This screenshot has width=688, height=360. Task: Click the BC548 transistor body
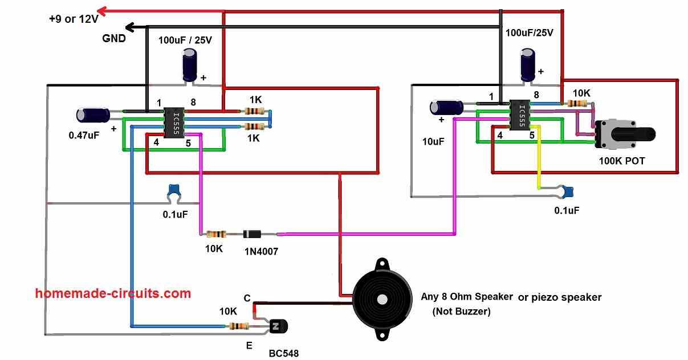tap(279, 326)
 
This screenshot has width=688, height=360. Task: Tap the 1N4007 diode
tap(252, 235)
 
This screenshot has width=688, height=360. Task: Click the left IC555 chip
tap(174, 123)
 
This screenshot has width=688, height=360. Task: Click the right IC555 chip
tap(520, 115)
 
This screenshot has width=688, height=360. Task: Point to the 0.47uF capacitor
tap(93, 115)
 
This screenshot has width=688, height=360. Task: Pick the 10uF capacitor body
tap(446, 108)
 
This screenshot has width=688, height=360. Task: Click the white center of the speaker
tap(382, 299)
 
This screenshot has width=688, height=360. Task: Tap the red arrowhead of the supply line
tap(102, 11)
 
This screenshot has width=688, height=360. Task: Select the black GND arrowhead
tap(130, 27)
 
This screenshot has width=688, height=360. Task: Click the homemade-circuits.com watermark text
tap(113, 293)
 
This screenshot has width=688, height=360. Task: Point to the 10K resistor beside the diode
tap(216, 235)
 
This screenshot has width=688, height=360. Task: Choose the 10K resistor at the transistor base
tap(239, 326)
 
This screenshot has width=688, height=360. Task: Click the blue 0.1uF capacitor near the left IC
tap(174, 193)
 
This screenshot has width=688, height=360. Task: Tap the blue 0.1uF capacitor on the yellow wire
tap(566, 192)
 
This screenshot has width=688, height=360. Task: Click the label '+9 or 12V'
tap(74, 19)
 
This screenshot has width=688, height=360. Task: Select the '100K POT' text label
tap(622, 161)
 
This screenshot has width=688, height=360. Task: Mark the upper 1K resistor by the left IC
tap(255, 111)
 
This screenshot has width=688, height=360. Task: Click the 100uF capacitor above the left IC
tap(190, 66)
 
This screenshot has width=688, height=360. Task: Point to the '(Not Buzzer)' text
tap(461, 312)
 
